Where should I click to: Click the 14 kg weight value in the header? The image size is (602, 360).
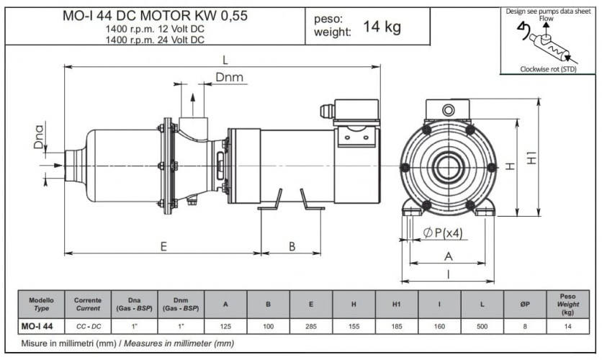pyautogui.click(x=382, y=27)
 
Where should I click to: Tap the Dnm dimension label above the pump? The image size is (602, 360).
pyautogui.click(x=229, y=78)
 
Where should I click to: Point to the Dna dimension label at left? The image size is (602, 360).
pyautogui.click(x=40, y=137)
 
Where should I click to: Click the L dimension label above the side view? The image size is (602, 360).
pyautogui.click(x=225, y=59)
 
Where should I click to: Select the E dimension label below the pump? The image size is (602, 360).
pyautogui.click(x=163, y=246)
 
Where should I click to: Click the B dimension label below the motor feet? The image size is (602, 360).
pyautogui.click(x=292, y=246)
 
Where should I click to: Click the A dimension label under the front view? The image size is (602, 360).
pyautogui.click(x=448, y=256)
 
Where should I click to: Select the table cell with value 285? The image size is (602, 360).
pyautogui.click(x=310, y=326)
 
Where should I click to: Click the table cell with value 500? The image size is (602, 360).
pyautogui.click(x=482, y=326)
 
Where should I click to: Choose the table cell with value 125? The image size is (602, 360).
pyautogui.click(x=225, y=326)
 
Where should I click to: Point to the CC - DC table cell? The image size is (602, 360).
pyautogui.click(x=89, y=326)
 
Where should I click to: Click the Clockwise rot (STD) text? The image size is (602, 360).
pyautogui.click(x=548, y=69)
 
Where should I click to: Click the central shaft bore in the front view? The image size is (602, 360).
pyautogui.click(x=448, y=167)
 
